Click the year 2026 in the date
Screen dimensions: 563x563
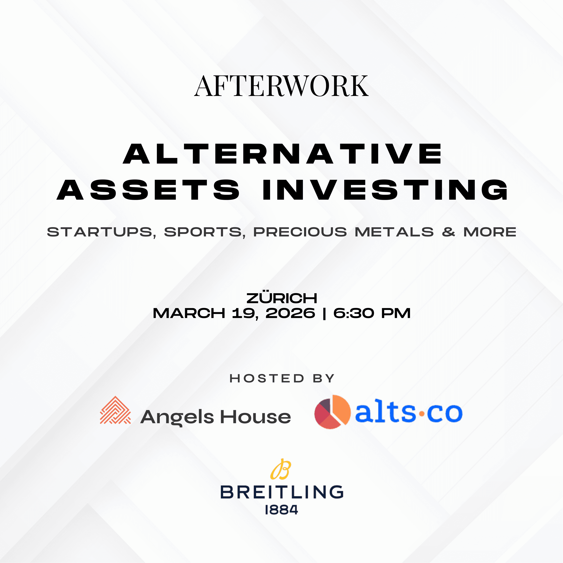[290, 313]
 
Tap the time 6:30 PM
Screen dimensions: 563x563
[372, 313]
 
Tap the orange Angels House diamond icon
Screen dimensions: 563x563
[115, 410]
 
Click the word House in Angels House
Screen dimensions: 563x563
[255, 417]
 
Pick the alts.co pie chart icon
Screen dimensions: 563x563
[332, 412]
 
